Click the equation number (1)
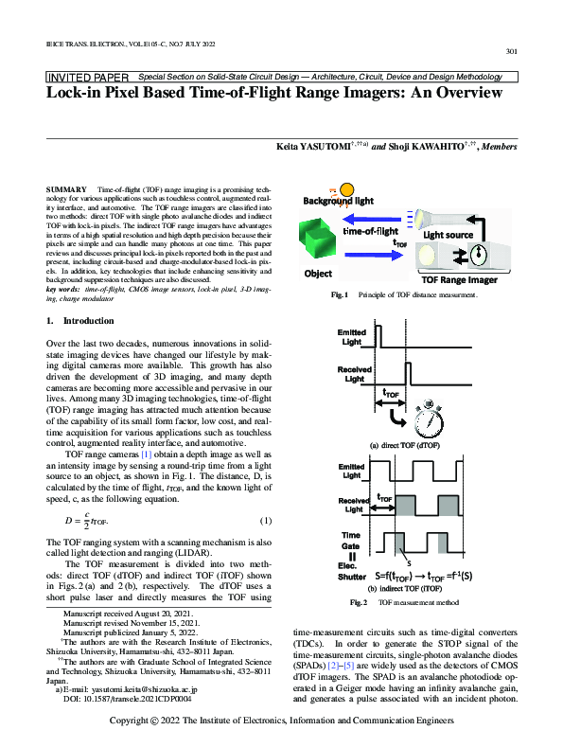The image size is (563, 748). (266, 522)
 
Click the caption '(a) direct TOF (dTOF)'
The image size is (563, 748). (404, 444)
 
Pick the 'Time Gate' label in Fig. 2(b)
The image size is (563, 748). (352, 542)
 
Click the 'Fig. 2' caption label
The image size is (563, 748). (360, 601)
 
